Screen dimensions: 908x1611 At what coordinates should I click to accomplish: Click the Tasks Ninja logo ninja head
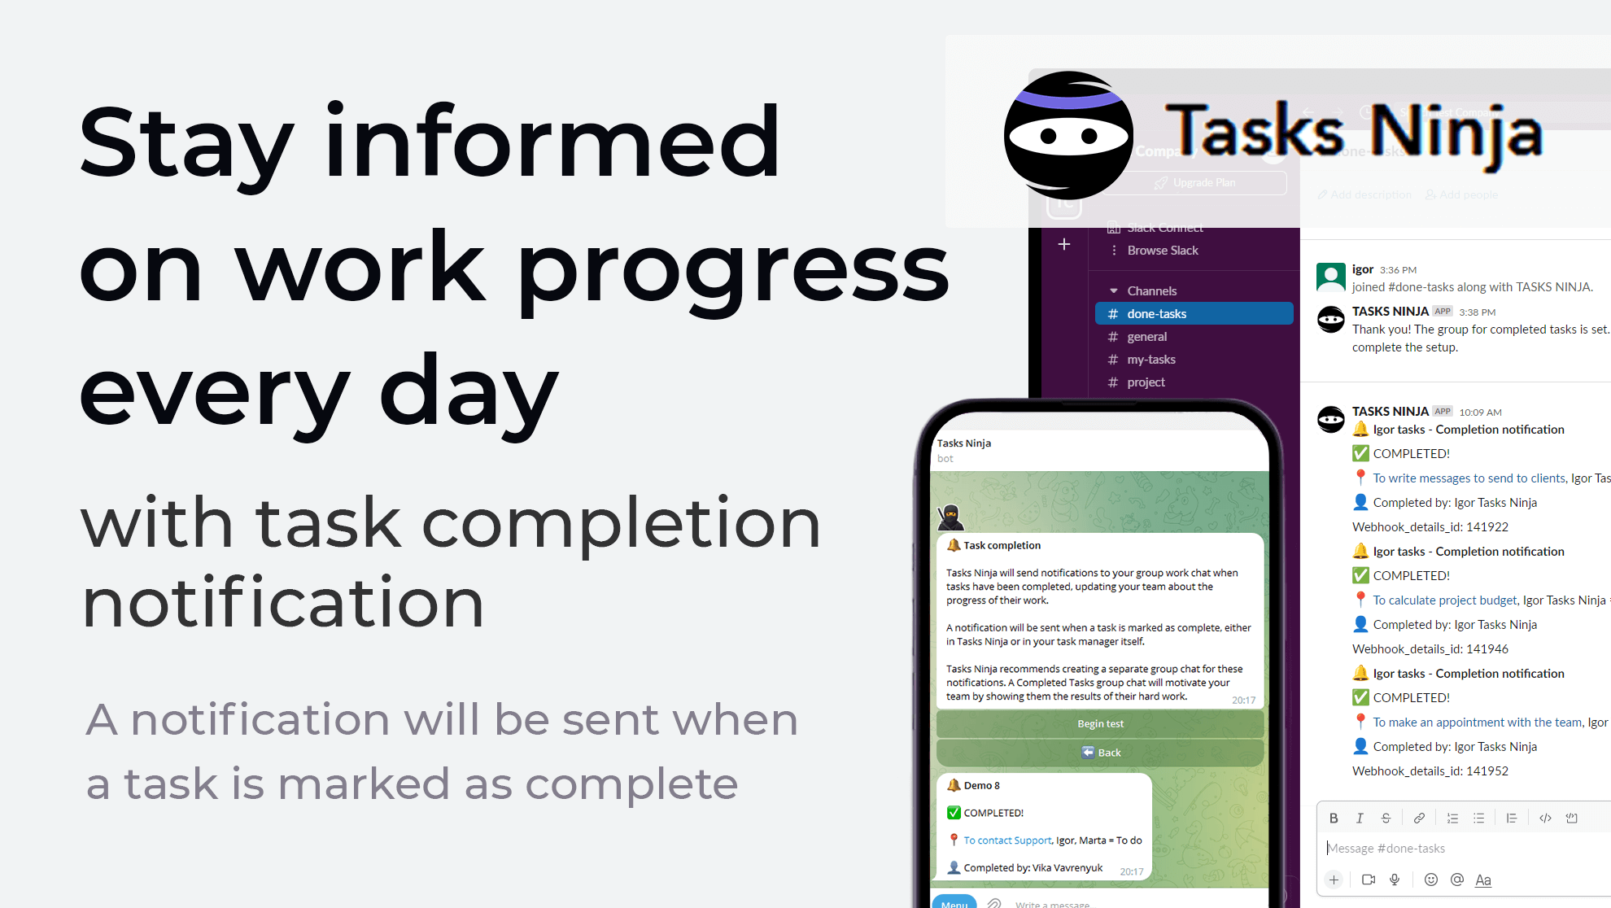tap(1067, 135)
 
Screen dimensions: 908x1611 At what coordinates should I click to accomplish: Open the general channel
tap(1146, 337)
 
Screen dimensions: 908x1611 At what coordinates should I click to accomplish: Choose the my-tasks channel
tap(1150, 360)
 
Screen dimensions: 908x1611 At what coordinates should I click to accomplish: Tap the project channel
tap(1146, 382)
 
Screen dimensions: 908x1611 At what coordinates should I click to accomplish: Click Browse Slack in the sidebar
tap(1162, 251)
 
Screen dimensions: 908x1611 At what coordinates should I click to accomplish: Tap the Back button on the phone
tap(1100, 753)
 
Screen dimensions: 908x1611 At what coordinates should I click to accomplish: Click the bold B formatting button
tap(1333, 818)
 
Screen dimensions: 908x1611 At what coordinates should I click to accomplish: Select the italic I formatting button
tap(1359, 818)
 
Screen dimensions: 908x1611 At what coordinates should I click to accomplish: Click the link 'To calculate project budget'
tap(1445, 600)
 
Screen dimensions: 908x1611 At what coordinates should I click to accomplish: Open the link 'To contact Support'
tap(1007, 840)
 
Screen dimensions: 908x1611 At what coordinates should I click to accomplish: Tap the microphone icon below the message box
tap(1395, 880)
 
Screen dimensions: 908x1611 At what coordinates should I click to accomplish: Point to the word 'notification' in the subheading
tap(283, 603)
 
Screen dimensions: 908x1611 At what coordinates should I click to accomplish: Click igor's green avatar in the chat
tap(1331, 277)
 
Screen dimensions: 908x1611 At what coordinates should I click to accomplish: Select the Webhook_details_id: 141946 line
tap(1430, 649)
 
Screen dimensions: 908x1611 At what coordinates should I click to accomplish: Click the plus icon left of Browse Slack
tap(1064, 244)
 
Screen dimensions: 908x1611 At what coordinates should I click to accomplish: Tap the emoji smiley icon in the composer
tap(1430, 880)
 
